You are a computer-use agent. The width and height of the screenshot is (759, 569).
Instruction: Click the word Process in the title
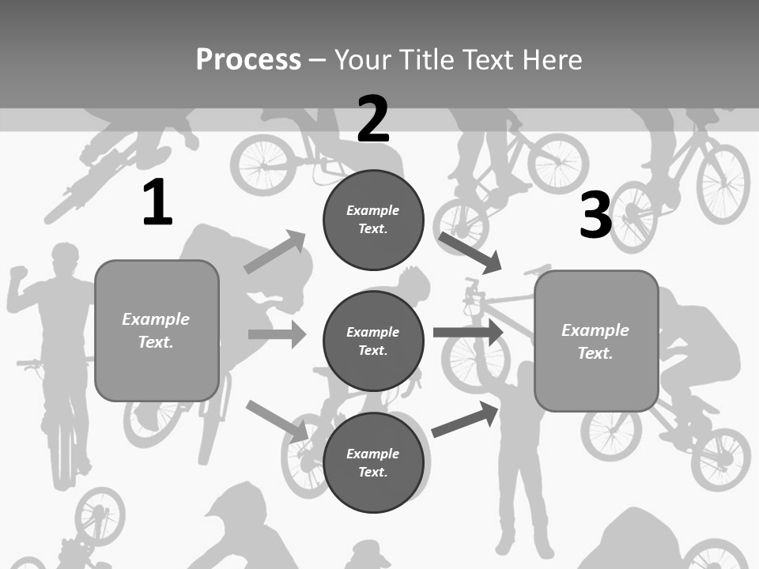pos(248,60)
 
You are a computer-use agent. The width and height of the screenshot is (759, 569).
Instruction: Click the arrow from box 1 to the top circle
pos(275,252)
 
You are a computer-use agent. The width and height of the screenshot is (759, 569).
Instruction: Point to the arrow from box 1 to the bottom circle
pos(277,421)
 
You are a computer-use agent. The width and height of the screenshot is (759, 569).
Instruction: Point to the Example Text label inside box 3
pos(595,341)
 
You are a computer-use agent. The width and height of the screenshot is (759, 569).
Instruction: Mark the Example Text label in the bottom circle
pos(372,463)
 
